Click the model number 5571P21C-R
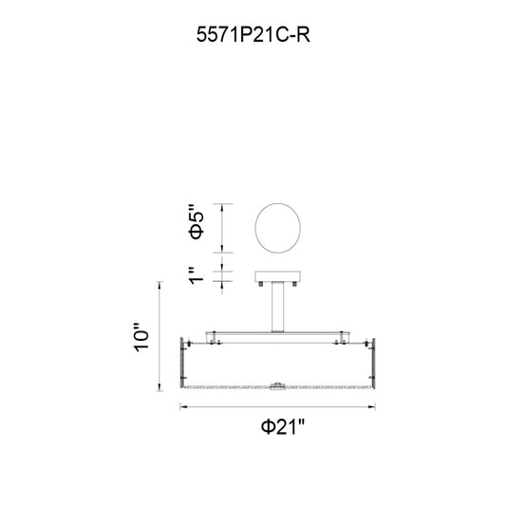(253, 34)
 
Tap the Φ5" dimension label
(197, 222)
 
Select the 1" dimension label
(197, 275)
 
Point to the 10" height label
(141, 337)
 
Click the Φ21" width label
(283, 427)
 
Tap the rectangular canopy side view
(278, 276)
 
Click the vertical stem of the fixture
(277, 307)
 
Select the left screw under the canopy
(261, 284)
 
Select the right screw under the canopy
(294, 284)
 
